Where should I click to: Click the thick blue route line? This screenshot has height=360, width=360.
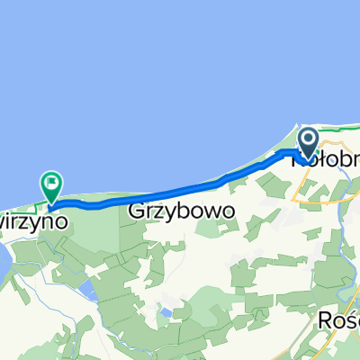click(x=162, y=193)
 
